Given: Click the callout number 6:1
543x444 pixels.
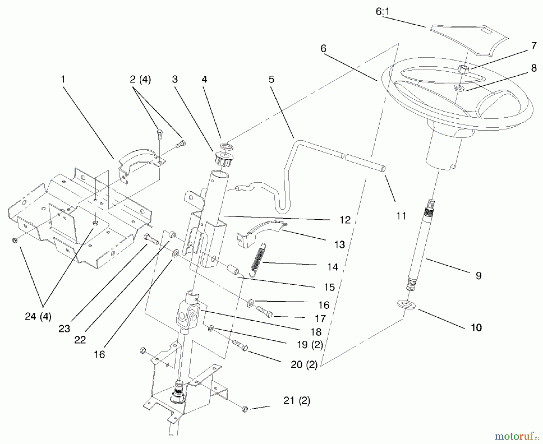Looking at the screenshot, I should (x=382, y=12).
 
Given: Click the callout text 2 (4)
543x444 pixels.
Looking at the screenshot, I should (x=140, y=80).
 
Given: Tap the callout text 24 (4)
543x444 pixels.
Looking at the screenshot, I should (x=38, y=316).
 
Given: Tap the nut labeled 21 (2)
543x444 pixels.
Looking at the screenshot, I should (x=245, y=409).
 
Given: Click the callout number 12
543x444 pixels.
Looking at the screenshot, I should (x=345, y=220).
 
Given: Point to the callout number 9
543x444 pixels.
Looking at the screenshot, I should (x=478, y=276).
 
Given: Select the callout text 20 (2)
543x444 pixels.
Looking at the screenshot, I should (x=304, y=365).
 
